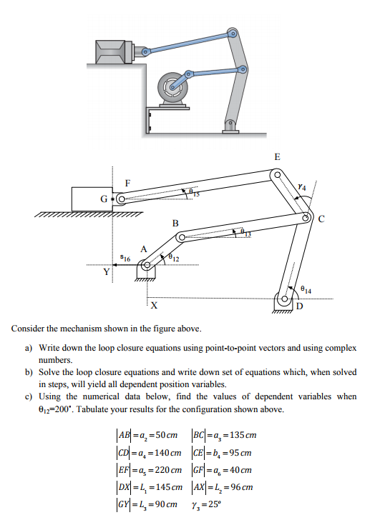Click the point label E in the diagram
point(277,156)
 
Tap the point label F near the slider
point(128,183)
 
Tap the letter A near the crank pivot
point(143,249)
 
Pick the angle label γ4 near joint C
point(304,187)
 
